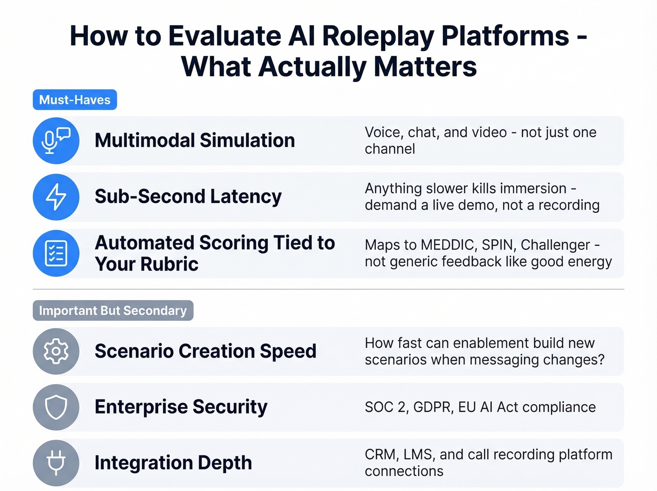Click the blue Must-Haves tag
point(75,100)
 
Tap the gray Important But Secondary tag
point(113,311)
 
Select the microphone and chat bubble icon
point(56,140)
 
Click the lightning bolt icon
point(56,196)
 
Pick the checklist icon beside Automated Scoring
point(56,253)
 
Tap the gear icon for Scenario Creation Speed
point(56,351)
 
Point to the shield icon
point(56,407)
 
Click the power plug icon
point(56,463)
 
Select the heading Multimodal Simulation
point(195,140)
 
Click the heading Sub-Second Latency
point(188,196)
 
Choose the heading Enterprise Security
point(181,407)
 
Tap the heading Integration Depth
point(173,463)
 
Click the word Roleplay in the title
point(378,36)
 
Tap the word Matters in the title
point(425,66)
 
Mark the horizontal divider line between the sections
point(328,289)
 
